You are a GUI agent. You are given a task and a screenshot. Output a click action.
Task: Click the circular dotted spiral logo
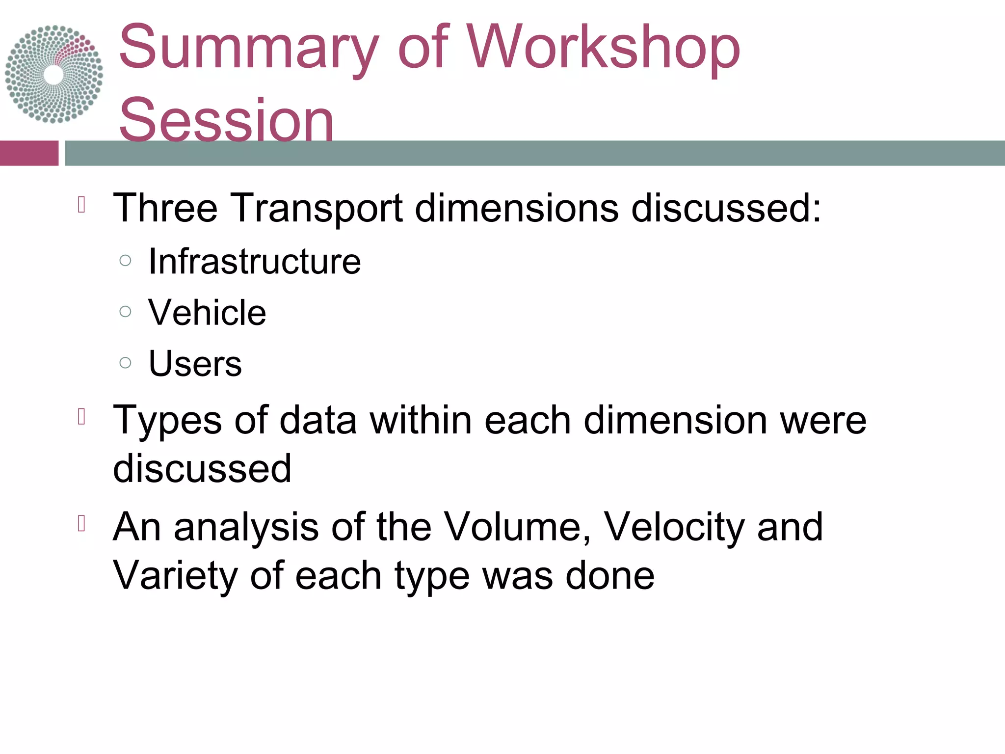pyautogui.click(x=54, y=74)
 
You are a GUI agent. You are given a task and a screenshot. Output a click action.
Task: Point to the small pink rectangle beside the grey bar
pyautogui.click(x=29, y=153)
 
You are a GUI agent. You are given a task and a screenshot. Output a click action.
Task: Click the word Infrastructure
pyautogui.click(x=254, y=261)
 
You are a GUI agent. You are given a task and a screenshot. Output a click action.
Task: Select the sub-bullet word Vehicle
pyautogui.click(x=207, y=313)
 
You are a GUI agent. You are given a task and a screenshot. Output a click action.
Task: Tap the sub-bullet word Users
pyautogui.click(x=195, y=364)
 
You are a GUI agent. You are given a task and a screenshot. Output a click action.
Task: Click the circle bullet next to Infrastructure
pyautogui.click(x=126, y=260)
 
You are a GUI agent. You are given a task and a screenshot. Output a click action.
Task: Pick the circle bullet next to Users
pyautogui.click(x=126, y=363)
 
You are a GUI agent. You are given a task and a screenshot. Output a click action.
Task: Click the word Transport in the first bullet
pyautogui.click(x=316, y=208)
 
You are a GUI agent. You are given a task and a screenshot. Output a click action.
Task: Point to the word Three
pyautogui.click(x=165, y=208)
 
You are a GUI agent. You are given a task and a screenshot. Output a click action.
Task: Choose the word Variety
pyautogui.click(x=175, y=575)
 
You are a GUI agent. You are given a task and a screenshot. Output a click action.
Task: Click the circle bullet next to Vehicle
pyautogui.click(x=126, y=311)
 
